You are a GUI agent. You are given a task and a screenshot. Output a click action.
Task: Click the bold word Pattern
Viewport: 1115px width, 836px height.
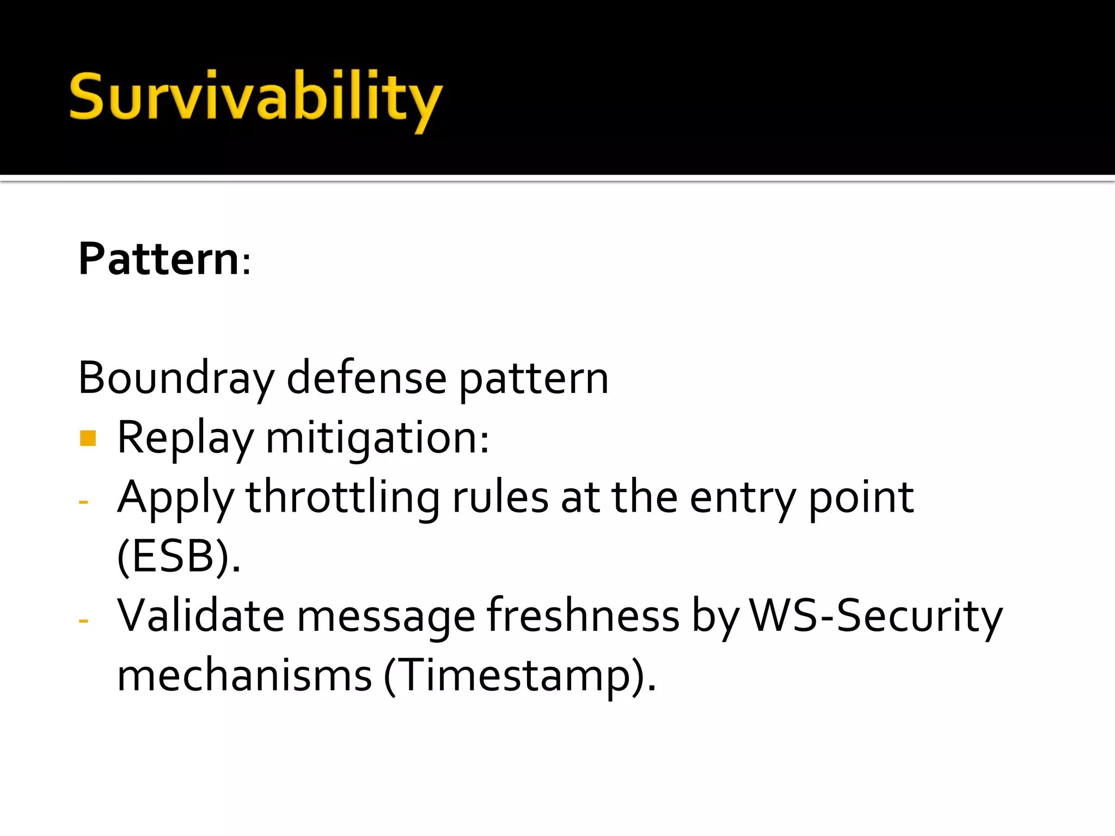158,259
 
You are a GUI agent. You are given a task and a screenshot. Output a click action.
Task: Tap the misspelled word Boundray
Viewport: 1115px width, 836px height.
176,378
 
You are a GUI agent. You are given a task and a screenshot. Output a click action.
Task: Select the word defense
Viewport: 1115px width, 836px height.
366,378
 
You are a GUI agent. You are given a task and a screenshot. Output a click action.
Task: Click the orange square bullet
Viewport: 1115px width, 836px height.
88,438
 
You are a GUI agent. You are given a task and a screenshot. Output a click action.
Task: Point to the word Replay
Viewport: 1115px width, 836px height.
185,438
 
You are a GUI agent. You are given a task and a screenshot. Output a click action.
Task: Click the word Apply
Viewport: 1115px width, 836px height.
175,498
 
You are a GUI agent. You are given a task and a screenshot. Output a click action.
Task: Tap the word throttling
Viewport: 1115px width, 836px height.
342,498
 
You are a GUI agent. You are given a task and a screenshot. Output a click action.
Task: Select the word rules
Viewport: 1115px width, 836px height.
500,498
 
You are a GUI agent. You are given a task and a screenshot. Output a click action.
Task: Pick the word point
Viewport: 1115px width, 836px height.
861,498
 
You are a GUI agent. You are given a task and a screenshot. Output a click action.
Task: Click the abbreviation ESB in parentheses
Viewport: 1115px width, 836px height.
173,557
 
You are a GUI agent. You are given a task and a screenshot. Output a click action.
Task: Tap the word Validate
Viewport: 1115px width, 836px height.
201,616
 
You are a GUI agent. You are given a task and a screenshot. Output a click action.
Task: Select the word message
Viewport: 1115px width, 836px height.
386,617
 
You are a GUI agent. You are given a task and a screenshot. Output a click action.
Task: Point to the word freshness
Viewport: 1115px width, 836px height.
583,616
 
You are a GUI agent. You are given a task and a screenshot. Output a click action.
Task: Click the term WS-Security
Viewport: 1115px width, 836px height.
875,616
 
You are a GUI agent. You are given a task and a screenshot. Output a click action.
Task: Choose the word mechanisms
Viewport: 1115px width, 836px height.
244,676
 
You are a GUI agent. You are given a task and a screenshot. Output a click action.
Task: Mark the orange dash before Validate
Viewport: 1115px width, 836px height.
83,620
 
